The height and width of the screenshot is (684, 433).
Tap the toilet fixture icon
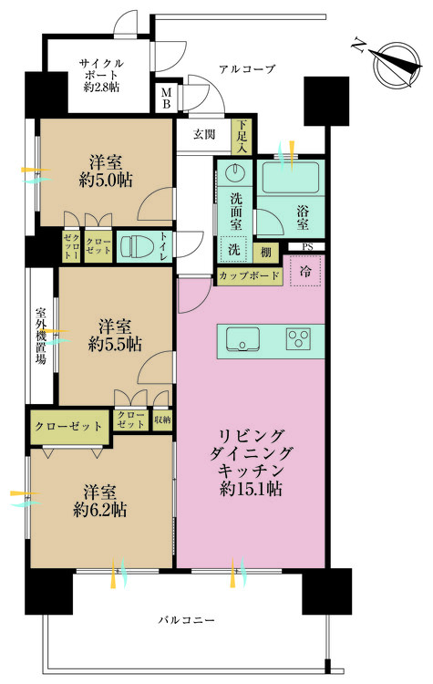[134, 246]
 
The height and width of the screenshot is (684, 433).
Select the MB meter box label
[166, 98]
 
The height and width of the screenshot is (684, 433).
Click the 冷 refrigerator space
[305, 271]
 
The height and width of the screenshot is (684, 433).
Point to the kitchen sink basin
[242, 338]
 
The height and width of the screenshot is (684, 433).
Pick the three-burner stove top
[299, 338]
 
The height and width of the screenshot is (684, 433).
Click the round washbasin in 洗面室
[234, 172]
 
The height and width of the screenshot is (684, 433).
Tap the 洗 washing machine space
[234, 249]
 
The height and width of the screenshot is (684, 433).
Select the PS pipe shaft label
[307, 247]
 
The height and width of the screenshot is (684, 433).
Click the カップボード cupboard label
[249, 275]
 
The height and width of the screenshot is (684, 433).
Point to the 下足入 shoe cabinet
[242, 136]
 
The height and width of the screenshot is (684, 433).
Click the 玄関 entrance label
[204, 134]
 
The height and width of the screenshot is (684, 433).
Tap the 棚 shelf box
[265, 252]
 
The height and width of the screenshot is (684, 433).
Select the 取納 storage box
[162, 420]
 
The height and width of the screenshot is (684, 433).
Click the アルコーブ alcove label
[247, 69]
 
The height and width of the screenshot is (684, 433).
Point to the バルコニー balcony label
[186, 620]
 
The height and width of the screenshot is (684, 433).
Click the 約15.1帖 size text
[251, 489]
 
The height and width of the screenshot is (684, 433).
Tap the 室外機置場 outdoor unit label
[41, 336]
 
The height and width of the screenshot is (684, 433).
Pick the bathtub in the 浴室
[291, 178]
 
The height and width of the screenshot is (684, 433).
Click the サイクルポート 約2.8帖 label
[101, 75]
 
